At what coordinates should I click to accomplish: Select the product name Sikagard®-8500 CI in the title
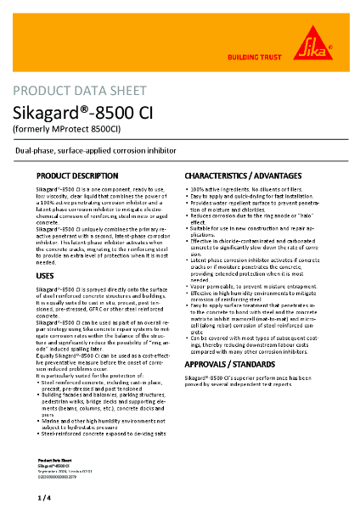tap(95, 113)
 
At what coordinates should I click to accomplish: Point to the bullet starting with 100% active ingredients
tap(246, 187)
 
